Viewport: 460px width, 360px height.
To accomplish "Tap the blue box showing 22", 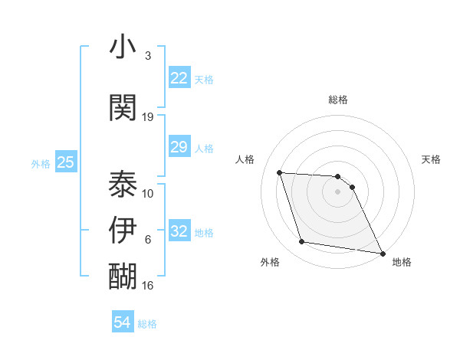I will [x=179, y=78].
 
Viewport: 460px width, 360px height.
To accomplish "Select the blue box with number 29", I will [x=179, y=147].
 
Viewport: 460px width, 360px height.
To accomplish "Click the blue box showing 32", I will [x=179, y=231].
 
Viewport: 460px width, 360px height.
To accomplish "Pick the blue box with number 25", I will [x=65, y=162].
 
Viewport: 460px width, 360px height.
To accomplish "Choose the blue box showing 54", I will [x=122, y=322].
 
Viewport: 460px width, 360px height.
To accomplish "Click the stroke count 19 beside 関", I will [x=148, y=117].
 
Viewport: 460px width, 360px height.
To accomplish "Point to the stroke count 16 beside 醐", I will [x=148, y=286].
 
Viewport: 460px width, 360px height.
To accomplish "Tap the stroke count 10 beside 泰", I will [x=148, y=194].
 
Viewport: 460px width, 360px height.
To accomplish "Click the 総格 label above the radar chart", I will [x=337, y=100].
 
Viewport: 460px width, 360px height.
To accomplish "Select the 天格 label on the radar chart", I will [x=431, y=159].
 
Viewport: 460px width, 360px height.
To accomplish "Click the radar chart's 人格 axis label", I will [x=245, y=159].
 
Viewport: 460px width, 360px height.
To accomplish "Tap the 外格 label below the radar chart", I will [x=270, y=262].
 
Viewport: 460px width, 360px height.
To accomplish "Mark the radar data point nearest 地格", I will [x=382, y=254].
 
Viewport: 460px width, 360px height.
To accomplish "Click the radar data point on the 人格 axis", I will [x=279, y=173].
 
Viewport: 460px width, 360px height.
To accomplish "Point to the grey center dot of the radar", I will [x=337, y=191].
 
